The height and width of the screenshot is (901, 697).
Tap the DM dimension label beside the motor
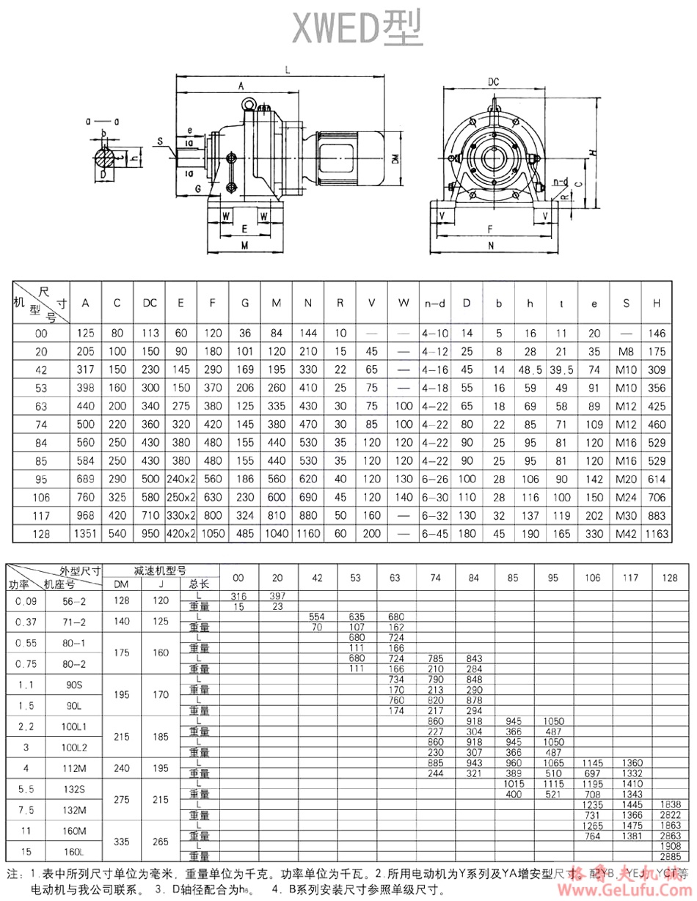pyautogui.click(x=395, y=159)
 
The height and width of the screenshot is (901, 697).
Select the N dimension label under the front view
pyautogui.click(x=491, y=247)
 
